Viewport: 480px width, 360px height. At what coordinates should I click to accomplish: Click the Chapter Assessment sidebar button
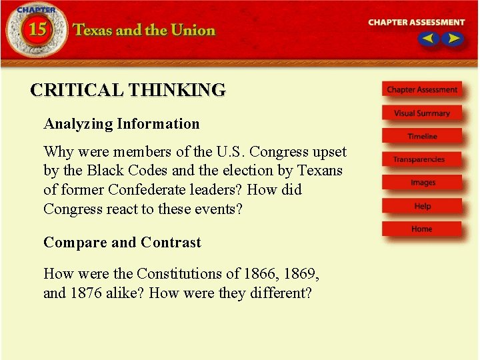[x=422, y=90]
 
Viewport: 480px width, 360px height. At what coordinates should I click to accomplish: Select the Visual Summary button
[x=422, y=113]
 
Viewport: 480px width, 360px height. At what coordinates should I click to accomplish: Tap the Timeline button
[x=422, y=137]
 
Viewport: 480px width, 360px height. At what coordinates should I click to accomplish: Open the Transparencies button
[x=419, y=159]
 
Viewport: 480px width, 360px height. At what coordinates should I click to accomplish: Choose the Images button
[x=423, y=183]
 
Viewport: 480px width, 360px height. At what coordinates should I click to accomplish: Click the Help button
[x=422, y=206]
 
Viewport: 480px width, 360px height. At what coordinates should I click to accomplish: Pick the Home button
[x=421, y=229]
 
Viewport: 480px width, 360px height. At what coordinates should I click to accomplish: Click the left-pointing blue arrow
[x=428, y=39]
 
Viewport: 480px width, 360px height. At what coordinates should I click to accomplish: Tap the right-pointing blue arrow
[x=453, y=39]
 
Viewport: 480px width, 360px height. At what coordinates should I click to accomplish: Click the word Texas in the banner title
[x=94, y=31]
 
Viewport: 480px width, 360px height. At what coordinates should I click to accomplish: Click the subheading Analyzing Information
[x=121, y=124]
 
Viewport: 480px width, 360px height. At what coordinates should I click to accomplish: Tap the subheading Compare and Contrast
[x=122, y=243]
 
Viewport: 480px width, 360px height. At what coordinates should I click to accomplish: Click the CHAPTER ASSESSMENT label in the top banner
[x=417, y=22]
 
